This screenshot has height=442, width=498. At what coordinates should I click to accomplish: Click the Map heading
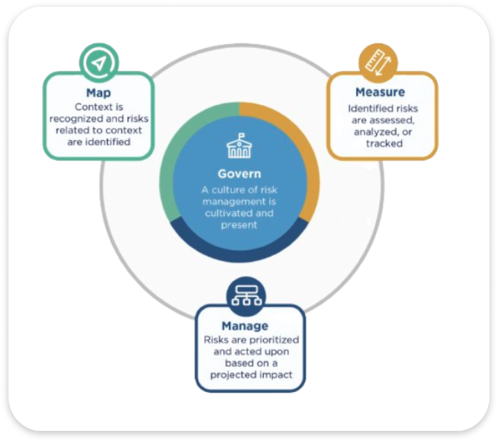pyautogui.click(x=98, y=93)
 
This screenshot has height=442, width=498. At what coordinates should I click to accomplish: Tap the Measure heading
pyautogui.click(x=380, y=92)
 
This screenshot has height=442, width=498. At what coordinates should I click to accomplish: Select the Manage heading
pyautogui.click(x=245, y=325)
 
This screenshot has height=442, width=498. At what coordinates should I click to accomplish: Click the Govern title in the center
pyautogui.click(x=239, y=174)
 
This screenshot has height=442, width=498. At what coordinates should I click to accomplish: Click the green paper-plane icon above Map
pyautogui.click(x=98, y=63)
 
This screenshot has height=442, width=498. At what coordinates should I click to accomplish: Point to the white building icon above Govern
pyautogui.click(x=239, y=146)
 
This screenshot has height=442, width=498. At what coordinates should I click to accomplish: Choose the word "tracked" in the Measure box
pyautogui.click(x=384, y=143)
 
